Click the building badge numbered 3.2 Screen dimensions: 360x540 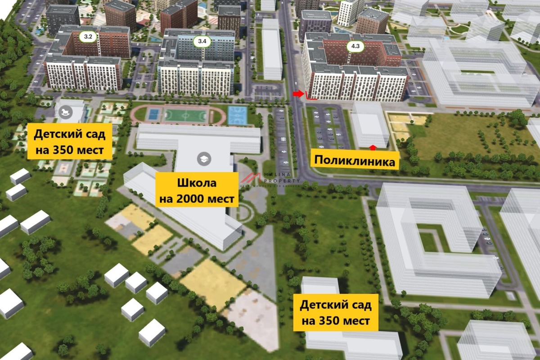click(x=88, y=37)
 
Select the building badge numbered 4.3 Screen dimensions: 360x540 click(x=355, y=45)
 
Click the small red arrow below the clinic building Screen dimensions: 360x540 click(x=372, y=147)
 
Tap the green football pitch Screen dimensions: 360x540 click(x=185, y=116)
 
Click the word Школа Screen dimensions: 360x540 click(x=197, y=183)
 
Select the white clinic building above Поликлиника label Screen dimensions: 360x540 click(x=369, y=125)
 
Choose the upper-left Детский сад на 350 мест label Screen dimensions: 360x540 click(x=70, y=141)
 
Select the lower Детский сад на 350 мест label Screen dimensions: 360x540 click(x=336, y=313)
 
